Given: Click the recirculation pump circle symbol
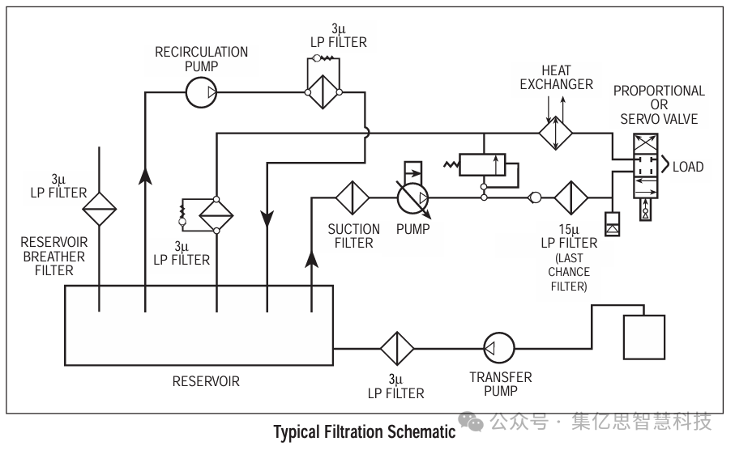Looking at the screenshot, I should coord(201,93).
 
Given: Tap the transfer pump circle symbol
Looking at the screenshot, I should coord(498,348).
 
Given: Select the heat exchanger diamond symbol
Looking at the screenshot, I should coord(556,131).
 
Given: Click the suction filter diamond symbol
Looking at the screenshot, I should coord(353,197).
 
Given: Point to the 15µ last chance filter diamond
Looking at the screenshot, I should coord(571,197).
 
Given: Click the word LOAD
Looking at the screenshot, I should coord(688,167).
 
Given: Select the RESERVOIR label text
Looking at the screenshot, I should coord(206,380).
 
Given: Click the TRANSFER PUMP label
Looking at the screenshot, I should coord(501,384).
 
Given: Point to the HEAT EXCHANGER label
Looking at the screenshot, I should coord(556,78).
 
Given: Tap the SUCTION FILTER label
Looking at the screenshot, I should coord(353,236).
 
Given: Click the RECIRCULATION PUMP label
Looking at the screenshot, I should coord(201,58).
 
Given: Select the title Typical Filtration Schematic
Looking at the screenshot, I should coord(365,431).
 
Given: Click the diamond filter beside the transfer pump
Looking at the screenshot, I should coord(397,348).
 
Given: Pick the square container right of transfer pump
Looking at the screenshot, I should coord(643,337).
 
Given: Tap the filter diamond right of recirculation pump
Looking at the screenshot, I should coord(323,93).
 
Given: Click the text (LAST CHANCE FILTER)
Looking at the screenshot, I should coord(569,272).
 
